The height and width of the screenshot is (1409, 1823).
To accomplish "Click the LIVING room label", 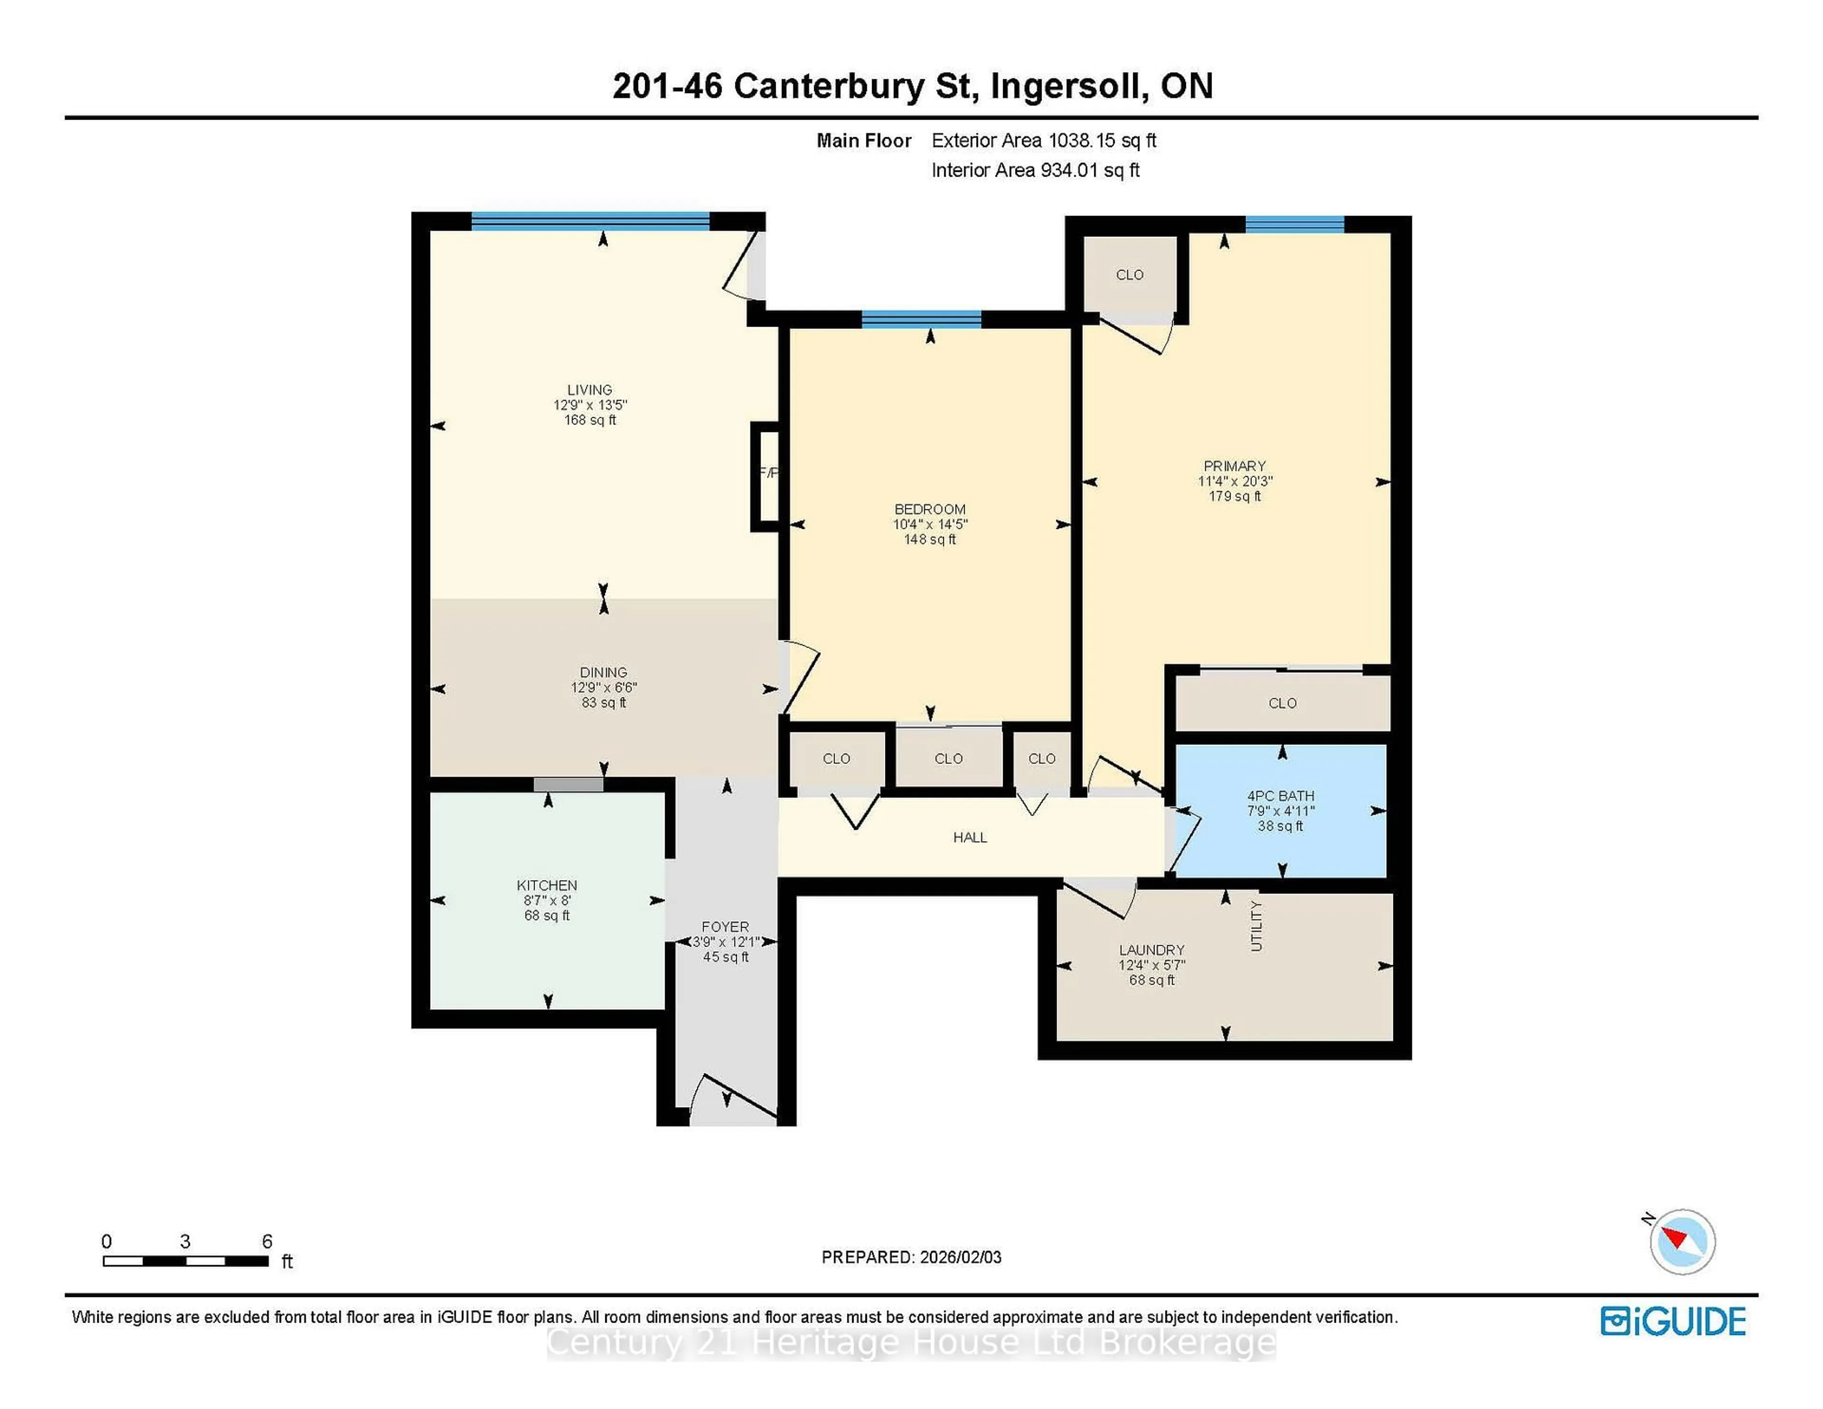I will pyautogui.click(x=589, y=390).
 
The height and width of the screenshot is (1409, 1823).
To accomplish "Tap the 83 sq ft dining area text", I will pyautogui.click(x=603, y=703).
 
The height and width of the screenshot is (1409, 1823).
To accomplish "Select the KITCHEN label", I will pyautogui.click(x=547, y=885).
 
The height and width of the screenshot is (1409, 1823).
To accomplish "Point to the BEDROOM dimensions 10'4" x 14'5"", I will pyautogui.click(x=930, y=524).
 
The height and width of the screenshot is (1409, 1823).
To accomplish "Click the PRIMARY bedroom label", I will pyautogui.click(x=1234, y=466).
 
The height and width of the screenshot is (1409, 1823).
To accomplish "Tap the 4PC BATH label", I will pyautogui.click(x=1280, y=796).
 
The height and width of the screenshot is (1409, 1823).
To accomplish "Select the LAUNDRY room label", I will pyautogui.click(x=1151, y=950).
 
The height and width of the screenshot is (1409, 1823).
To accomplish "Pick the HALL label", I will pyautogui.click(x=970, y=837).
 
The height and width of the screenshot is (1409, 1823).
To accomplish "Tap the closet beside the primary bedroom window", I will pyautogui.click(x=1129, y=274).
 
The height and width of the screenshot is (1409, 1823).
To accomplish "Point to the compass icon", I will pyautogui.click(x=1682, y=1242).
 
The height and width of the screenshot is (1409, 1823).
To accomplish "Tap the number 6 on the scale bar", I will pyautogui.click(x=267, y=1241).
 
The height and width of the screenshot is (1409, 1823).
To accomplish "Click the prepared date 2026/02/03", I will pyautogui.click(x=960, y=1257).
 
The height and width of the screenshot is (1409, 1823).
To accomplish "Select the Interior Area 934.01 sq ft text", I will pyautogui.click(x=1035, y=170).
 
